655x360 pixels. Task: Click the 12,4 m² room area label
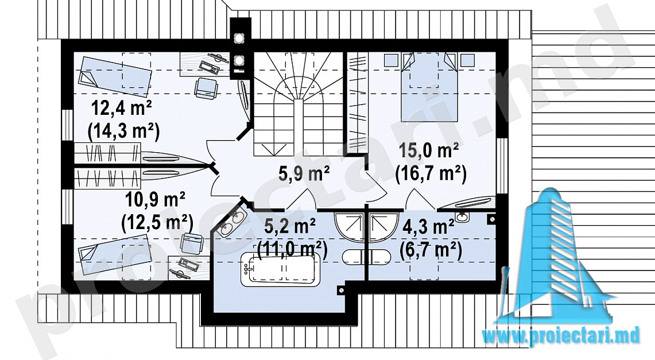point(122,110)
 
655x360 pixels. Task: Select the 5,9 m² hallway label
point(304,172)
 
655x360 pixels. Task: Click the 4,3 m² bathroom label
point(429,228)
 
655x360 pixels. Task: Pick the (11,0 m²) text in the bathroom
point(292,250)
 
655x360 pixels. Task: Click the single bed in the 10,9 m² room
point(114,254)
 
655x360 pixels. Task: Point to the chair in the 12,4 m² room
point(206,88)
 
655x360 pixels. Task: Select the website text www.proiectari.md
point(561,335)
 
